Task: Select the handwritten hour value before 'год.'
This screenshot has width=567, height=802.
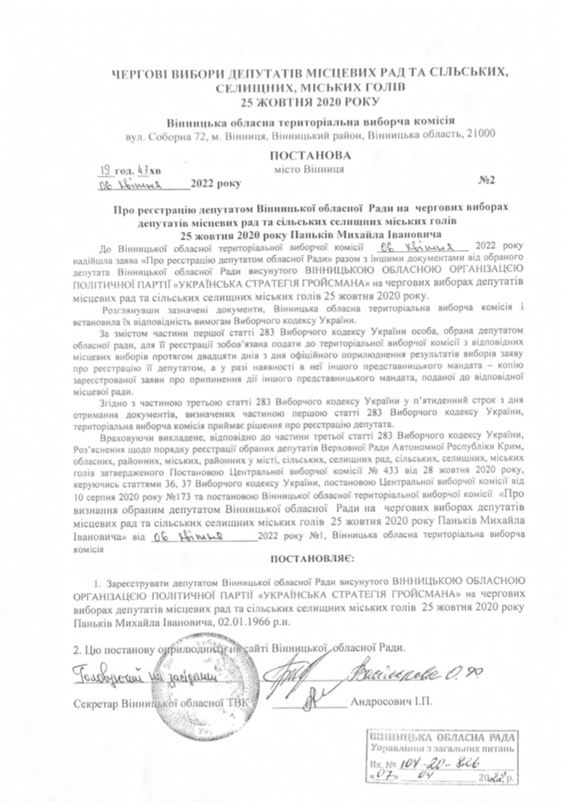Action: click(105, 168)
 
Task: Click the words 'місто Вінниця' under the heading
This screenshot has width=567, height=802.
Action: click(309, 169)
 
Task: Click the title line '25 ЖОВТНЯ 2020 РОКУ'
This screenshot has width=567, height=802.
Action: click(311, 101)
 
